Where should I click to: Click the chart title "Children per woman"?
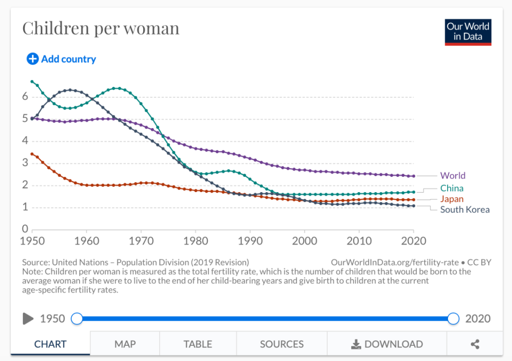point(101,28)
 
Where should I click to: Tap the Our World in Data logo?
point(467,32)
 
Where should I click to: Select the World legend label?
point(453,176)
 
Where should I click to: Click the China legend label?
point(452,188)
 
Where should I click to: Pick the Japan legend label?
point(452,199)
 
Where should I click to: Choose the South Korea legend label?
point(465,210)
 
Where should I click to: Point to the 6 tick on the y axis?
point(25,97)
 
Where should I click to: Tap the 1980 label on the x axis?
point(195,241)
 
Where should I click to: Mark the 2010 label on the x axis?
point(359,241)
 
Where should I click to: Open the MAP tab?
point(125,344)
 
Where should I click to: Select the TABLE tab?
point(198,344)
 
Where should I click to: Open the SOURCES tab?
point(282,344)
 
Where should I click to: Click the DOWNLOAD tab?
point(387,344)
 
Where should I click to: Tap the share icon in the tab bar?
point(475,344)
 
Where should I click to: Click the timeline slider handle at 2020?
point(454,318)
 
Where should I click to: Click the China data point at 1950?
point(32,82)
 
